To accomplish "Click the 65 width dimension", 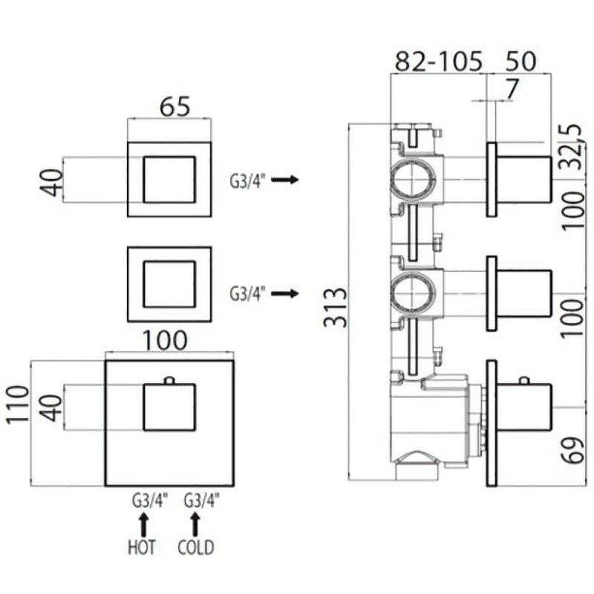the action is (x=174, y=106).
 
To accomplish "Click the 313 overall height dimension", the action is (x=336, y=307).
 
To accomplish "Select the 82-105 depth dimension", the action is (x=439, y=62).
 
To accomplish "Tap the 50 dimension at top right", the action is (x=521, y=61).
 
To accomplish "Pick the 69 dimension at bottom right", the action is (x=572, y=450).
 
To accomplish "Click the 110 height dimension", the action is (x=18, y=404).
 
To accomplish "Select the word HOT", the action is (x=142, y=547).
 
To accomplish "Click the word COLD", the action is (x=196, y=547).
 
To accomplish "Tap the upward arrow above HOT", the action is (x=143, y=525).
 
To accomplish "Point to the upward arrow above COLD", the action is (x=195, y=525).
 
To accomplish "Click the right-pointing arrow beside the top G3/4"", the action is (x=285, y=179).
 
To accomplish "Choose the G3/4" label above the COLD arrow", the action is (x=202, y=500).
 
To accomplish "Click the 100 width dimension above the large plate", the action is (x=165, y=341).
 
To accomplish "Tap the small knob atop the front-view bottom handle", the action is (x=169, y=380).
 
